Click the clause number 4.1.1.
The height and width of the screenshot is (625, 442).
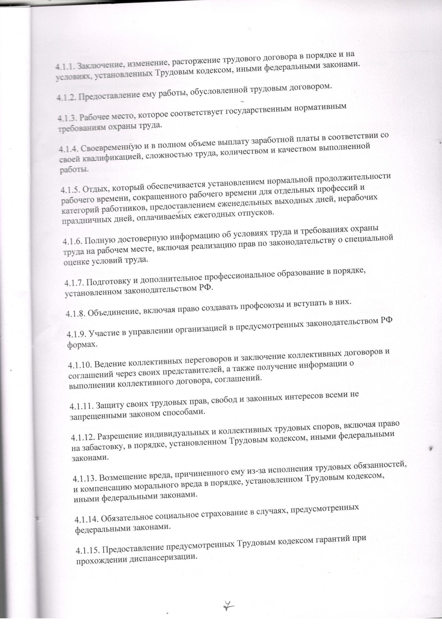tap(65, 66)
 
